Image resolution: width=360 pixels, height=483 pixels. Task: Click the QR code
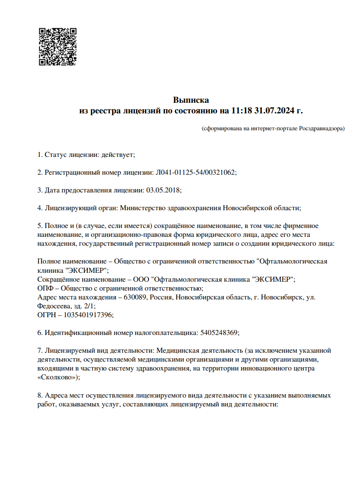(58, 47)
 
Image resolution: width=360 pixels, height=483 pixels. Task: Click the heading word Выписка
(191, 100)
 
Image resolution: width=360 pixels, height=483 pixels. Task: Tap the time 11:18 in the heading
(241, 111)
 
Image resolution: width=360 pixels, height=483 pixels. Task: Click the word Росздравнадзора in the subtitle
(321, 128)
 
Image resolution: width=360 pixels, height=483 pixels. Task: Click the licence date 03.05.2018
(163, 190)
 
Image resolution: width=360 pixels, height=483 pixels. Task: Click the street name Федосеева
(52, 306)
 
